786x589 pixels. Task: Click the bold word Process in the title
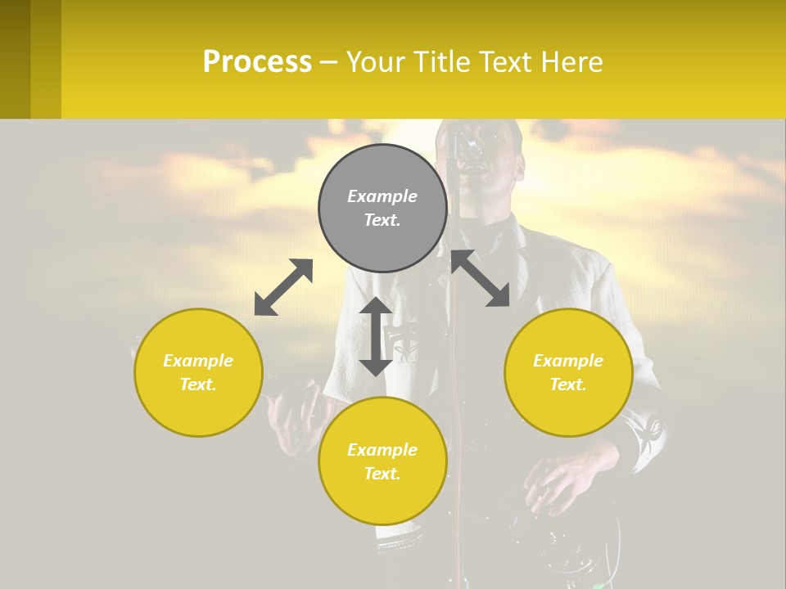[257, 62]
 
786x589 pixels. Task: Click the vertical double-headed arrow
[376, 336]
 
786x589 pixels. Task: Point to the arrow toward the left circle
[283, 287]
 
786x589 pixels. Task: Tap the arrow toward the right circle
[481, 278]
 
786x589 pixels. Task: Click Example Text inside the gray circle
[382, 208]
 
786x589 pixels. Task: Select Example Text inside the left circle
[198, 372]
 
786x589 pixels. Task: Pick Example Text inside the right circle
[568, 372]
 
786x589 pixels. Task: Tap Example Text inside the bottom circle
[382, 461]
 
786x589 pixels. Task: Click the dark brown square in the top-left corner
[16, 59]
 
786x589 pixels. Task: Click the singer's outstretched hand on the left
[295, 417]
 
